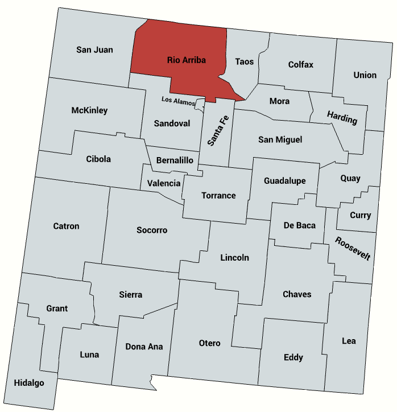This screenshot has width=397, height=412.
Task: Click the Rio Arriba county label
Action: coord(186,60)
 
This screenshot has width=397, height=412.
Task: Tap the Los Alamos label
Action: coord(178,101)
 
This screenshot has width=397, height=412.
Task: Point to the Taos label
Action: coord(245,61)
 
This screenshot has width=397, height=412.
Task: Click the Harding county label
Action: coord(342,118)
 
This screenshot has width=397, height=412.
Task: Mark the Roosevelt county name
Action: coord(353,248)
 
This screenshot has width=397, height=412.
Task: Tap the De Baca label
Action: coord(299,225)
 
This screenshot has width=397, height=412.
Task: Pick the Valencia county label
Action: coord(164,183)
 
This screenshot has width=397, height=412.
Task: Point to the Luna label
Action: coord(89,355)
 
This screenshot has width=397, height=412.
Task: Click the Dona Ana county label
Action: coord(144,346)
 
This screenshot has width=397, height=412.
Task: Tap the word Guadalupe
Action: coord(285,181)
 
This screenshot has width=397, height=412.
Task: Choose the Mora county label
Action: coord(279,101)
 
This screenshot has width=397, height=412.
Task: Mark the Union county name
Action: coord(365,75)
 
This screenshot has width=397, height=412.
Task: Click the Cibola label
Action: coord(98,159)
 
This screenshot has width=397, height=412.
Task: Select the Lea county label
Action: coord(349,341)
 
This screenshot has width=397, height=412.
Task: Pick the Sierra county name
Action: coord(130,295)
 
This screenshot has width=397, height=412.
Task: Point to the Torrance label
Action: coord(218,195)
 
